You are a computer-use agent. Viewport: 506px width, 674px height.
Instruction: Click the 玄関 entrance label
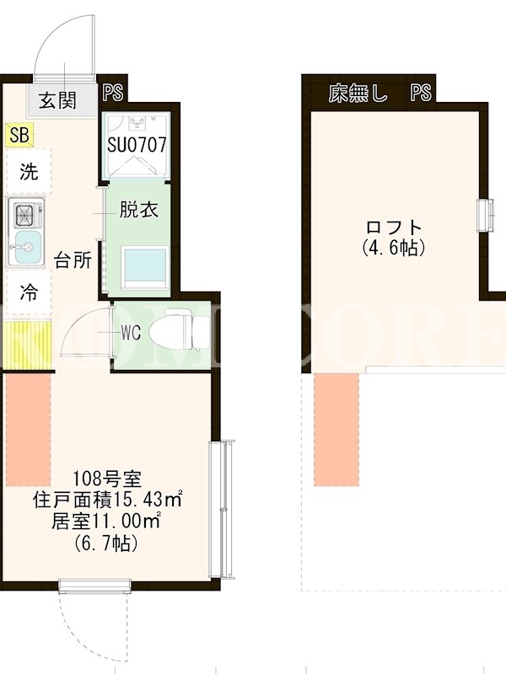[x=57, y=100]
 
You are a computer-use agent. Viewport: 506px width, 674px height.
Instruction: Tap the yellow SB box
[x=19, y=135]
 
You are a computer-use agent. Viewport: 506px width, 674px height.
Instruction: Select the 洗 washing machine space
[x=29, y=171]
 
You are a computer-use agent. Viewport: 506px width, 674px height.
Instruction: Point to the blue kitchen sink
[x=28, y=248]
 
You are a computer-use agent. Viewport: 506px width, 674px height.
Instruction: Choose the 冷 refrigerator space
[x=29, y=292]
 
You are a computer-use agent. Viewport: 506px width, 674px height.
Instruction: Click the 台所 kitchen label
[x=73, y=260]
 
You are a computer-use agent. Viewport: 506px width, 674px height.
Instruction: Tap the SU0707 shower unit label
[x=137, y=144]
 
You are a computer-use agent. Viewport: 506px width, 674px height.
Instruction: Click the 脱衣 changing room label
[x=138, y=209]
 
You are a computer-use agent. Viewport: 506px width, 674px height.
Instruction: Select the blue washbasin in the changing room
[x=145, y=267]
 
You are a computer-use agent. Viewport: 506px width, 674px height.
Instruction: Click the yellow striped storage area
[x=28, y=345]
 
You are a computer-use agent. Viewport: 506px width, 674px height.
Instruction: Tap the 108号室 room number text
[x=107, y=477]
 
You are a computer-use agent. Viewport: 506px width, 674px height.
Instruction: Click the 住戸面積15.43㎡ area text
[x=107, y=499]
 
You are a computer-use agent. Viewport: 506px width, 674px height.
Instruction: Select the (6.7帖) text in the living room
[x=106, y=543]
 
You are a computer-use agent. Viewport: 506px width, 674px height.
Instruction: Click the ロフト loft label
[x=394, y=227]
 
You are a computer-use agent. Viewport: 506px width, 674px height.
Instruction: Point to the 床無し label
[x=358, y=93]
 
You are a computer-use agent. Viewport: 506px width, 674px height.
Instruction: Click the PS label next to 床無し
[x=420, y=93]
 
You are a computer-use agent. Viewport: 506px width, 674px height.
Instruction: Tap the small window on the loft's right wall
[x=485, y=216]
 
